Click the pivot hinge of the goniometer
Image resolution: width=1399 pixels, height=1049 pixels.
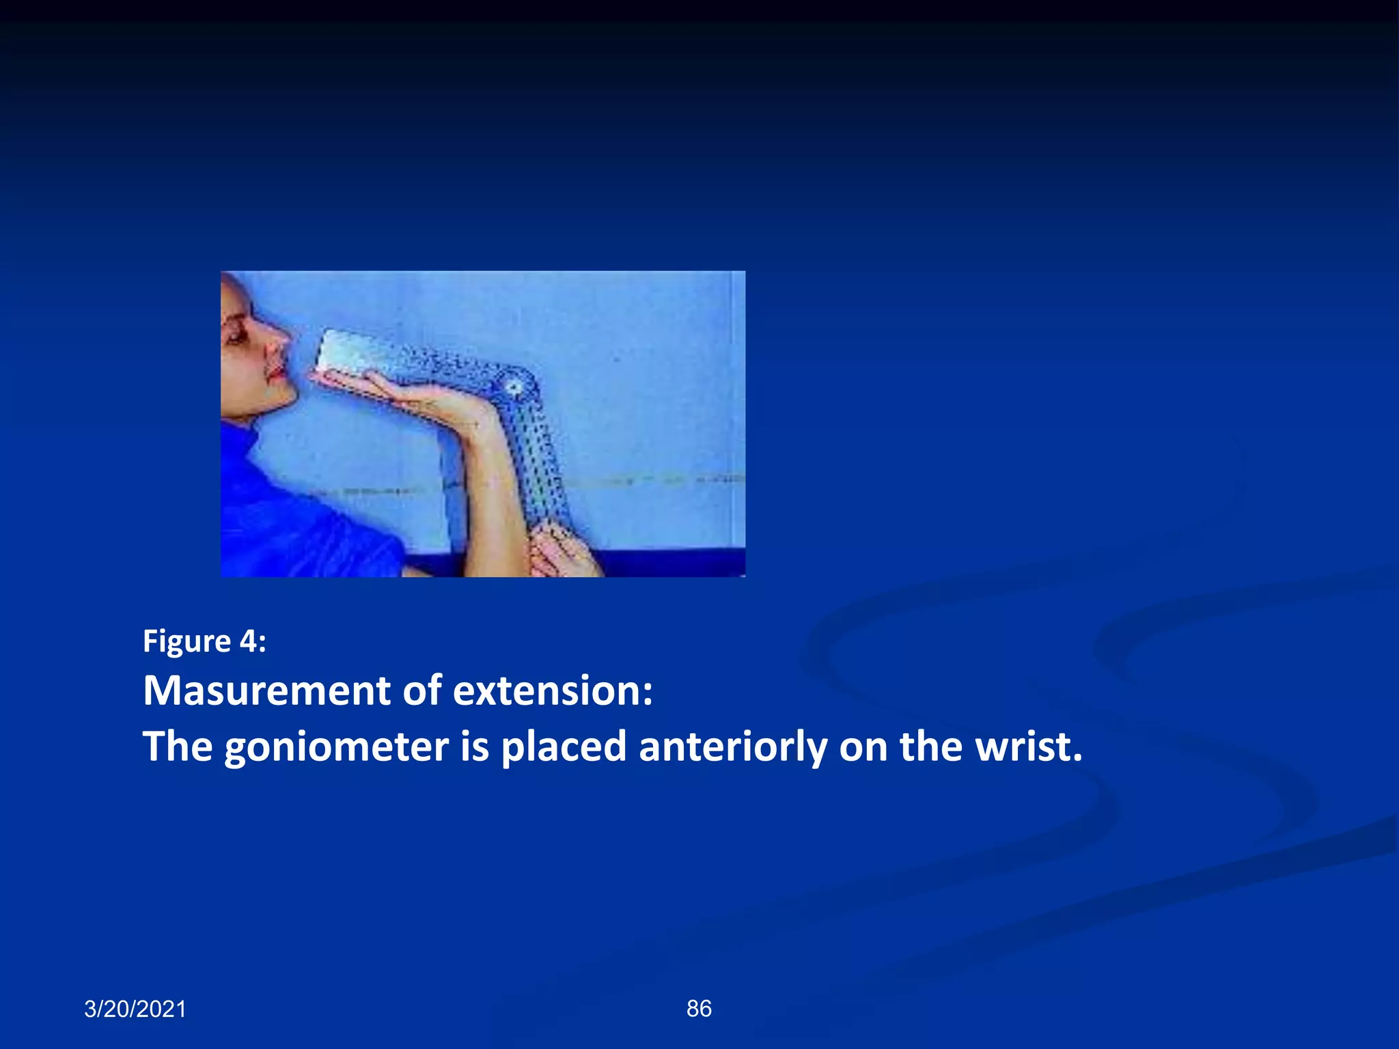pos(514,388)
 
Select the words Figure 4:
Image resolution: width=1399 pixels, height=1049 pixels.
pos(204,641)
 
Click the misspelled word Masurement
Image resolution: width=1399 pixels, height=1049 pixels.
pos(266,690)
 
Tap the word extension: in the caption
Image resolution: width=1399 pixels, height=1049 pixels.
pos(553,690)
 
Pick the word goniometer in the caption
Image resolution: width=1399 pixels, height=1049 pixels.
pos(336,746)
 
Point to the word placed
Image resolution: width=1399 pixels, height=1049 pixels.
pos(564,746)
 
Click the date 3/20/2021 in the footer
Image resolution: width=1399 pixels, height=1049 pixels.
pos(135,1009)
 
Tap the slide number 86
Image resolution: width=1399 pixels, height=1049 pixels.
pos(699,1008)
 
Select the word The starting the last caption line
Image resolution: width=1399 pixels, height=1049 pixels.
pos(178,746)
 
